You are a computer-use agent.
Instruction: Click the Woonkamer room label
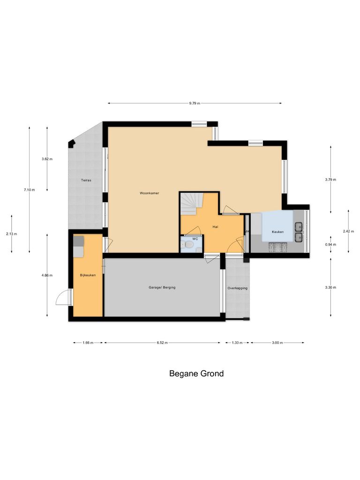(149, 193)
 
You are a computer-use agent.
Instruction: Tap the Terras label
(85, 180)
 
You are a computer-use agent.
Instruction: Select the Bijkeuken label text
(88, 275)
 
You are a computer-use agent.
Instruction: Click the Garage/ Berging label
(162, 287)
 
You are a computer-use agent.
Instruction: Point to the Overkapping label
(237, 288)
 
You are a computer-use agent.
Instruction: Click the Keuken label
(277, 232)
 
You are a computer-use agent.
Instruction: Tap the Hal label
(215, 227)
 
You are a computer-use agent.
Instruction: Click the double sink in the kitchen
(298, 232)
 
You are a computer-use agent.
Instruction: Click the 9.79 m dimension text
(195, 103)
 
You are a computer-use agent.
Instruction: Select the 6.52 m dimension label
(162, 343)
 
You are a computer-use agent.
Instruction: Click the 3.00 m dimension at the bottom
(277, 343)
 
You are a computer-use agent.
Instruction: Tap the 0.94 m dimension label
(331, 245)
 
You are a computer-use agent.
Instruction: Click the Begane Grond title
(196, 374)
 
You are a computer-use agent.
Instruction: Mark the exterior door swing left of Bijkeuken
(63, 297)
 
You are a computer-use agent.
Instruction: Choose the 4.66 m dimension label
(47, 275)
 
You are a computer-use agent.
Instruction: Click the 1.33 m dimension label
(237, 343)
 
